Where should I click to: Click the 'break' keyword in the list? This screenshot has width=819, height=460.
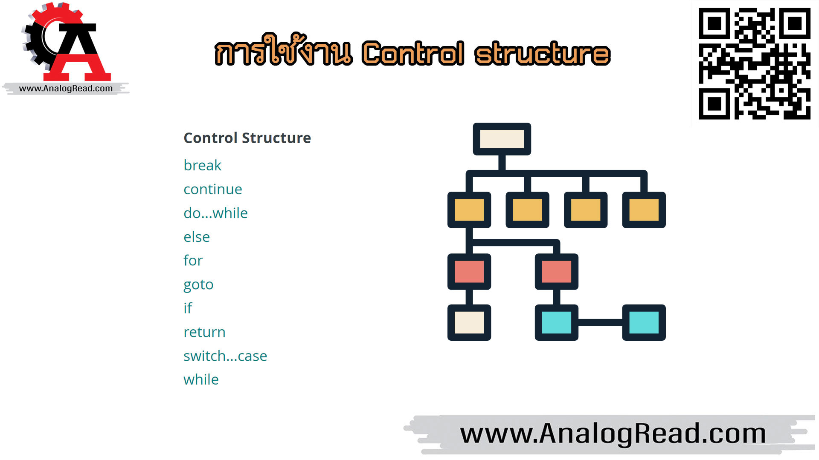click(202, 165)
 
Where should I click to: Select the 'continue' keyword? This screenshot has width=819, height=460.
click(212, 189)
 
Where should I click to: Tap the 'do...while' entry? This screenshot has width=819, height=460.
click(215, 213)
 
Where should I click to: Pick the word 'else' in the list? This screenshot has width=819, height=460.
click(197, 237)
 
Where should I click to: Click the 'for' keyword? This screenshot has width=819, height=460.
click(193, 260)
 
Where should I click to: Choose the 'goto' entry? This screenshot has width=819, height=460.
click(198, 285)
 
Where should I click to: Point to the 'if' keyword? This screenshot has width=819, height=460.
click(188, 308)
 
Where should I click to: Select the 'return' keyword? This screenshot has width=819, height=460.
click(204, 332)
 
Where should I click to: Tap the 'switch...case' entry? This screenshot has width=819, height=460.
click(225, 356)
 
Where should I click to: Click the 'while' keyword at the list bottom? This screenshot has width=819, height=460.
click(201, 379)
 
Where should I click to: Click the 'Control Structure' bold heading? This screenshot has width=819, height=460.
click(247, 138)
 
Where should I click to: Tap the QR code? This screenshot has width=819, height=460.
click(754, 64)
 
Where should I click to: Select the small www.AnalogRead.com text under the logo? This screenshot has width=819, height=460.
click(66, 89)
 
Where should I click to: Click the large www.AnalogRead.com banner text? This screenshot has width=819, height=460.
click(613, 434)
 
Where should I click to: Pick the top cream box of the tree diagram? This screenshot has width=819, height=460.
click(502, 139)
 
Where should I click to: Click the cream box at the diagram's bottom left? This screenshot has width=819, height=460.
click(469, 322)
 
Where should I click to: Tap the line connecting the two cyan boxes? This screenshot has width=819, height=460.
click(600, 322)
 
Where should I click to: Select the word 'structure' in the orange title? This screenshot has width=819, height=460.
click(543, 54)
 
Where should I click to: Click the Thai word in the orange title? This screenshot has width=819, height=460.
click(284, 50)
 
